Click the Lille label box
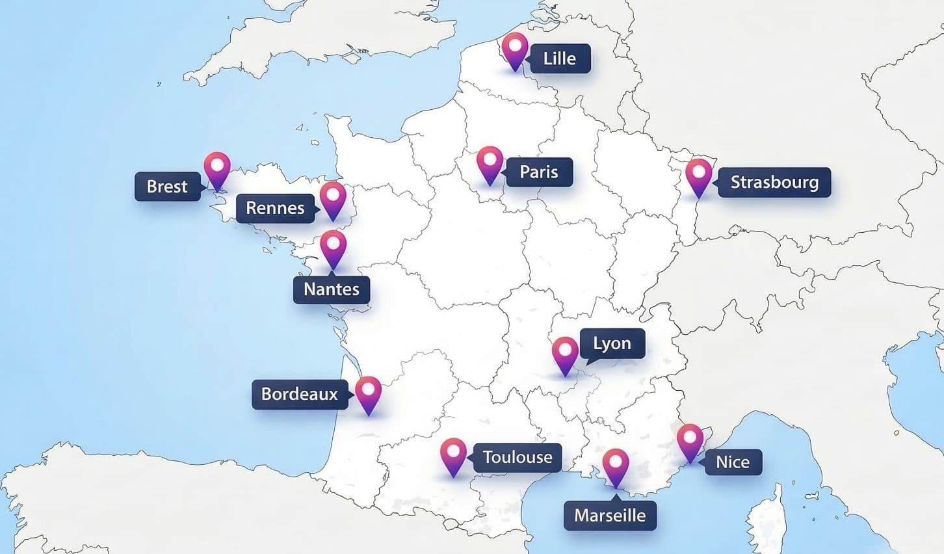559,59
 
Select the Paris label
539,172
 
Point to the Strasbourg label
774,182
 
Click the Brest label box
167,187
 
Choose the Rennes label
275,208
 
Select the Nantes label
332,289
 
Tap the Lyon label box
612,343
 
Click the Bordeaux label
299,394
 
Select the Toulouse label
518,457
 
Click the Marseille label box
610,516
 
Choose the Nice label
733,462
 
